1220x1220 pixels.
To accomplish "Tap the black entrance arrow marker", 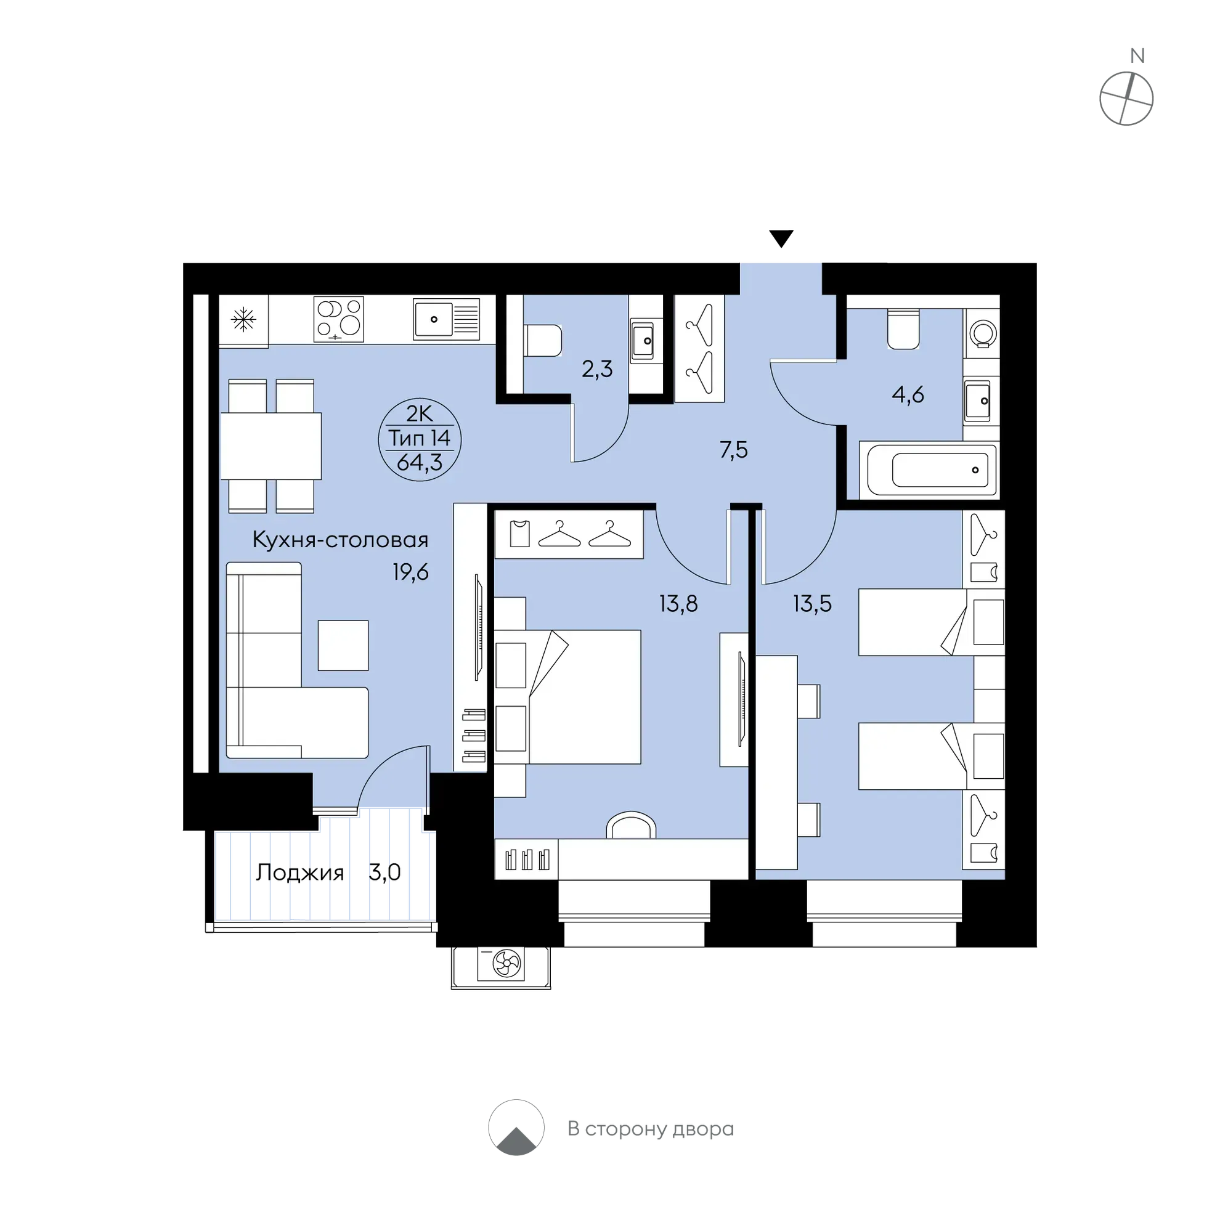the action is (x=781, y=238).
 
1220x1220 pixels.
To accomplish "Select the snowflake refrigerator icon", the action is (x=244, y=320).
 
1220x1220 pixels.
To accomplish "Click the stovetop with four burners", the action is (x=338, y=320).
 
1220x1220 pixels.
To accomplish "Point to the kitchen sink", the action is (x=447, y=320).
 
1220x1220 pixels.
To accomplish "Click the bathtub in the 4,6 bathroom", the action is (x=932, y=470).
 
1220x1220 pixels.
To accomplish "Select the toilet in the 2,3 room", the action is (x=542, y=341).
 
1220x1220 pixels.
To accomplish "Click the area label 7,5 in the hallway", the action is (x=734, y=450).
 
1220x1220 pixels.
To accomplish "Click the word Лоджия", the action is (x=300, y=873).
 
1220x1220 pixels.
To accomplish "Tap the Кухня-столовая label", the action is (x=340, y=540).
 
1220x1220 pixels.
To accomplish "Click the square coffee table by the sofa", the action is (x=343, y=645).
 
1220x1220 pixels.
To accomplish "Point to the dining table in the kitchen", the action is (x=271, y=446).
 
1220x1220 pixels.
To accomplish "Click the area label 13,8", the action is (x=679, y=604).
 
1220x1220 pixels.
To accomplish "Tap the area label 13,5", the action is (x=813, y=604).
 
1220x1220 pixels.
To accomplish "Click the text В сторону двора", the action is (x=651, y=1128).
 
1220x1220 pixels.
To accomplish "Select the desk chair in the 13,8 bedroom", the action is (x=631, y=824).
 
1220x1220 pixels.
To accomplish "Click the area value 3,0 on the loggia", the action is (x=385, y=872).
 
